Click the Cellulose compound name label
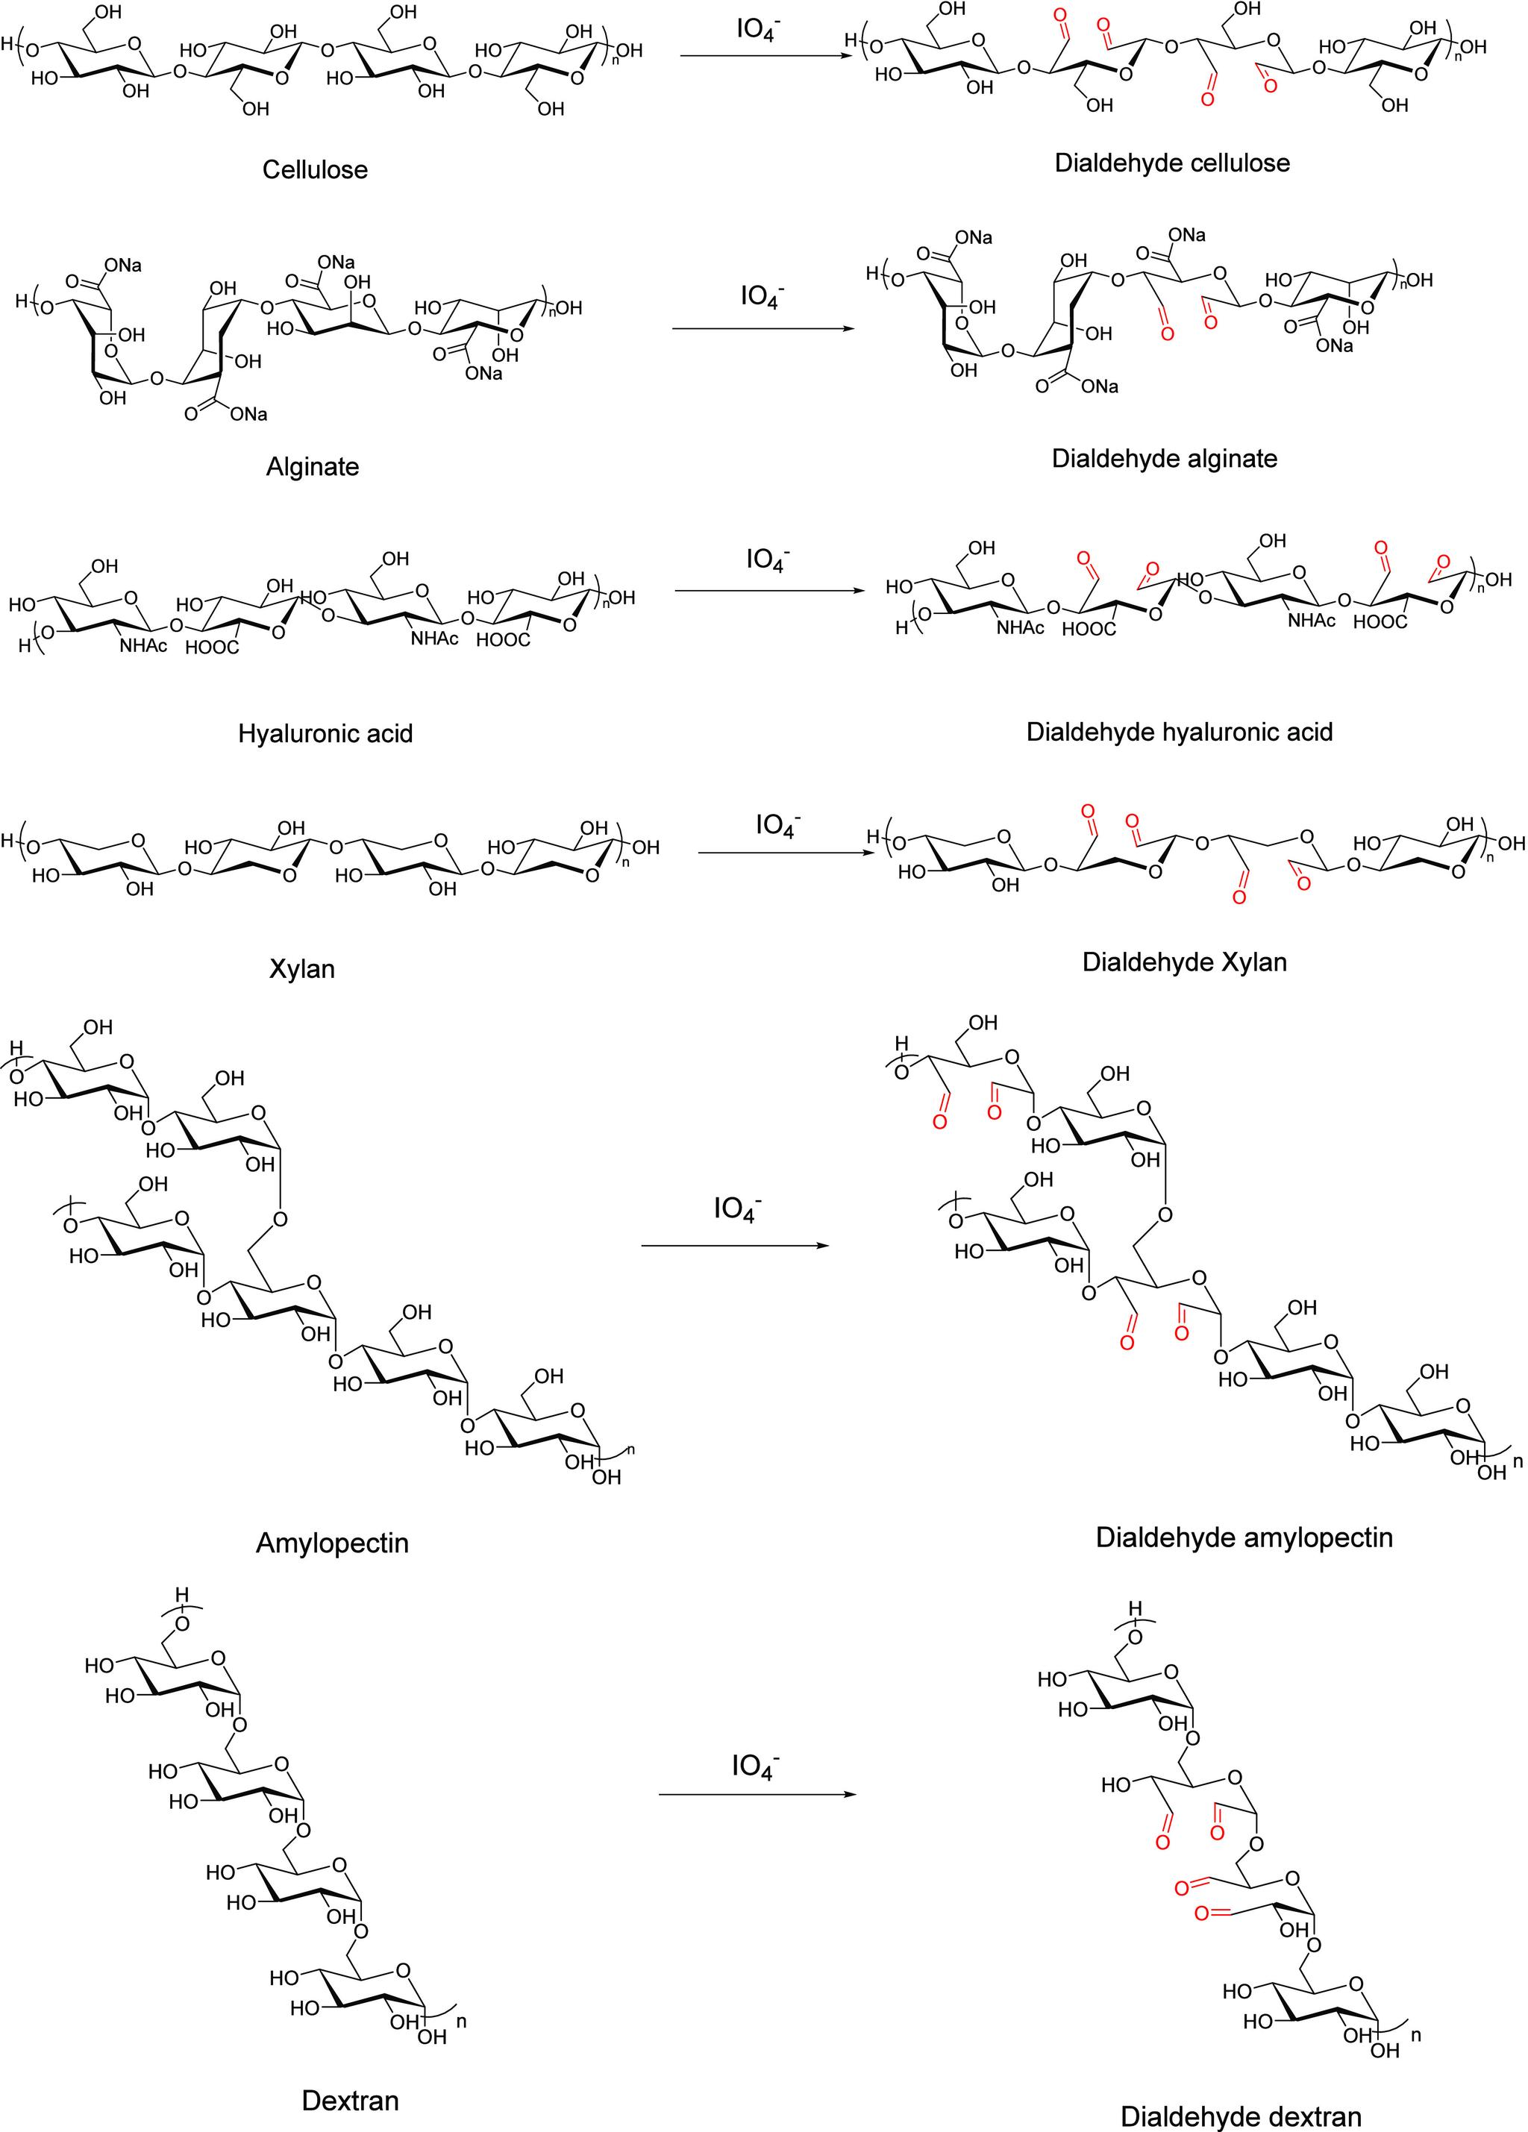(x=314, y=170)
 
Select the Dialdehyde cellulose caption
(x=1171, y=163)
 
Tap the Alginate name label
(x=312, y=466)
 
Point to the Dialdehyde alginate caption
(x=1164, y=459)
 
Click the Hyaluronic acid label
(x=325, y=733)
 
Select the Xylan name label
(x=302, y=969)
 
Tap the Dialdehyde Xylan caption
(x=1184, y=962)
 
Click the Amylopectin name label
(x=332, y=1543)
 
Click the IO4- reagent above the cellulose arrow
(x=758, y=29)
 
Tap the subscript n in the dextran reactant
(x=461, y=2020)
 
